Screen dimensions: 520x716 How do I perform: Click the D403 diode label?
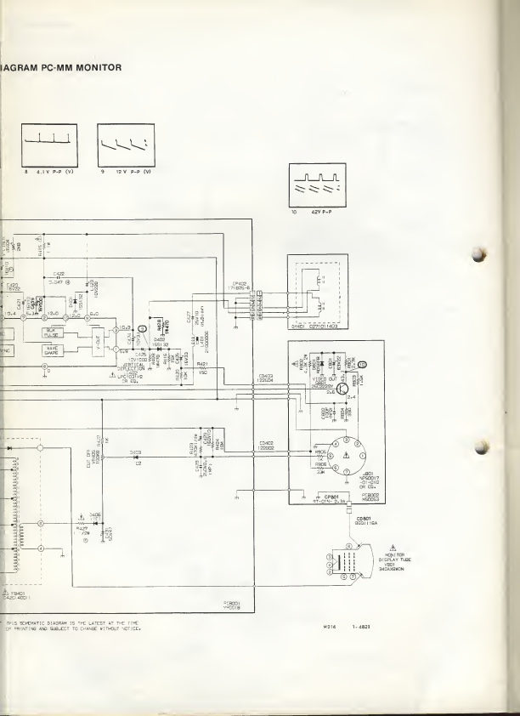[x=134, y=452]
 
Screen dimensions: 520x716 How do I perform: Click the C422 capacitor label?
[x=59, y=274]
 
